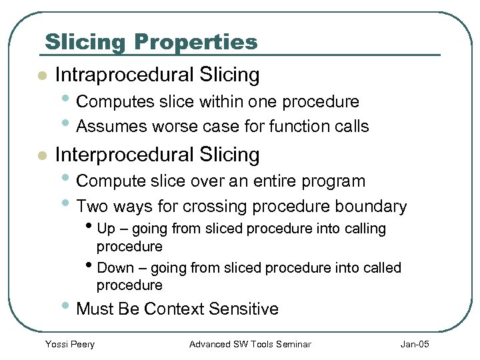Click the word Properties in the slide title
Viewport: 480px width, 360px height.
pos(195,42)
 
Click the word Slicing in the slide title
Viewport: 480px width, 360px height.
pos(85,42)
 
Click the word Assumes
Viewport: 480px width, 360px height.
pos(112,126)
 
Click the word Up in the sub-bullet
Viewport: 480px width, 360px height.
pos(105,229)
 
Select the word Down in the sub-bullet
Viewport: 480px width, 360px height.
pos(114,268)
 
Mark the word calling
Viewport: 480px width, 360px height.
pos(364,229)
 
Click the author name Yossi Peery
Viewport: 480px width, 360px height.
pos(69,344)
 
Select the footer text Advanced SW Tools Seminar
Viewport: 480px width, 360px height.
pos(250,344)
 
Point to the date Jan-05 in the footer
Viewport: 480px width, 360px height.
pos(415,344)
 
